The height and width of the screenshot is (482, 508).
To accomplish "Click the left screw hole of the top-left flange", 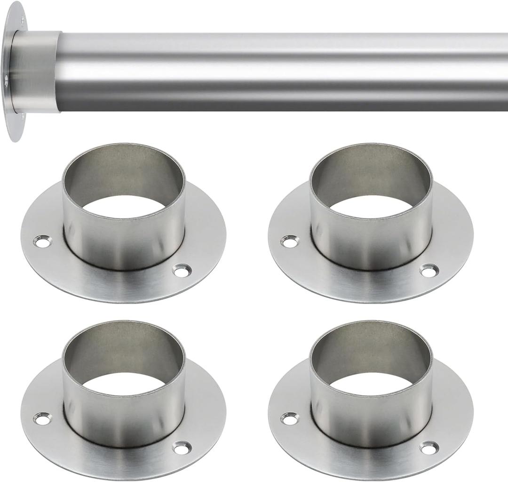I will (43, 242).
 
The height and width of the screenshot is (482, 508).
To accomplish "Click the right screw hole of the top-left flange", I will (182, 271).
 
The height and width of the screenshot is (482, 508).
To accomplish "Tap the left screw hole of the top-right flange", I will (289, 242).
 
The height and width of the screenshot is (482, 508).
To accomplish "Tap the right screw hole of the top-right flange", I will (429, 271).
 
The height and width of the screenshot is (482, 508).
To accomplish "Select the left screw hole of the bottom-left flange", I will (43, 418).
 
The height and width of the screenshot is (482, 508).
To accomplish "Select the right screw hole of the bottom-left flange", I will (182, 448).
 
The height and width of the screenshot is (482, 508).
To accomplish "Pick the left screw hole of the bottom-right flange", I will (289, 418).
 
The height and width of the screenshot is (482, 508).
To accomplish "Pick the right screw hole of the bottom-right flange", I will (429, 448).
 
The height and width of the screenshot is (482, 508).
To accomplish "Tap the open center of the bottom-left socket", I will (123, 384).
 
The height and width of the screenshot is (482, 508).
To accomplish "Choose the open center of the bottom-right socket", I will (371, 384).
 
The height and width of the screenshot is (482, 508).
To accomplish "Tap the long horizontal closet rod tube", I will (282, 71).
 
